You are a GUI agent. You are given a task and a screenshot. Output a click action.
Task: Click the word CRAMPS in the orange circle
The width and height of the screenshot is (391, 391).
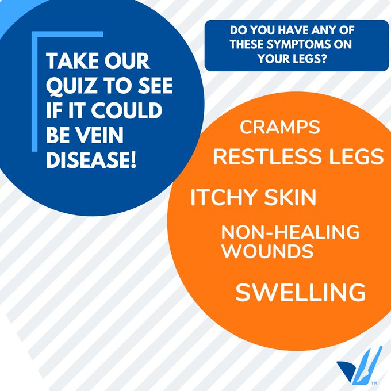point(279,127)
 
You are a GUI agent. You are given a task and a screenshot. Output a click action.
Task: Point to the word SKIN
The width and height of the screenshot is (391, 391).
point(290,197)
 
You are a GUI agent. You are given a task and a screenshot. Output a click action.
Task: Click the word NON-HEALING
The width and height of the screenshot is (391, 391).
point(290,232)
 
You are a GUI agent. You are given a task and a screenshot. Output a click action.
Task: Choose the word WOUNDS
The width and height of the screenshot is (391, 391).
point(267,251)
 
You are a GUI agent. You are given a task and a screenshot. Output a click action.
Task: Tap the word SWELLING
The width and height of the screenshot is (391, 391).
point(301,292)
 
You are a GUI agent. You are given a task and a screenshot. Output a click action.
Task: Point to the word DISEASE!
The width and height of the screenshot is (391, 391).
point(91,160)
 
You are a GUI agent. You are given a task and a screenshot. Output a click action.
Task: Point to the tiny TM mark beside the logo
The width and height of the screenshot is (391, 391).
point(374,383)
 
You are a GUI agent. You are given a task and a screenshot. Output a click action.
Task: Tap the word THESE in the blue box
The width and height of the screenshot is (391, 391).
point(246,44)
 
